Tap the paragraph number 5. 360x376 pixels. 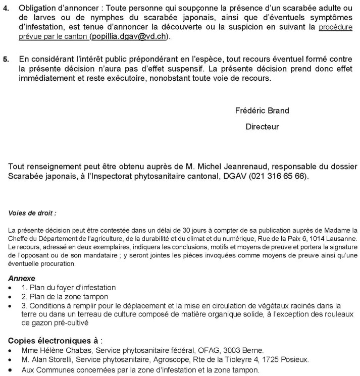click(6, 59)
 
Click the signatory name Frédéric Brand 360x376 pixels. click(262, 111)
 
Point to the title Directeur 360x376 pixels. click(262, 127)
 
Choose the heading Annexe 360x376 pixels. click(22, 278)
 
